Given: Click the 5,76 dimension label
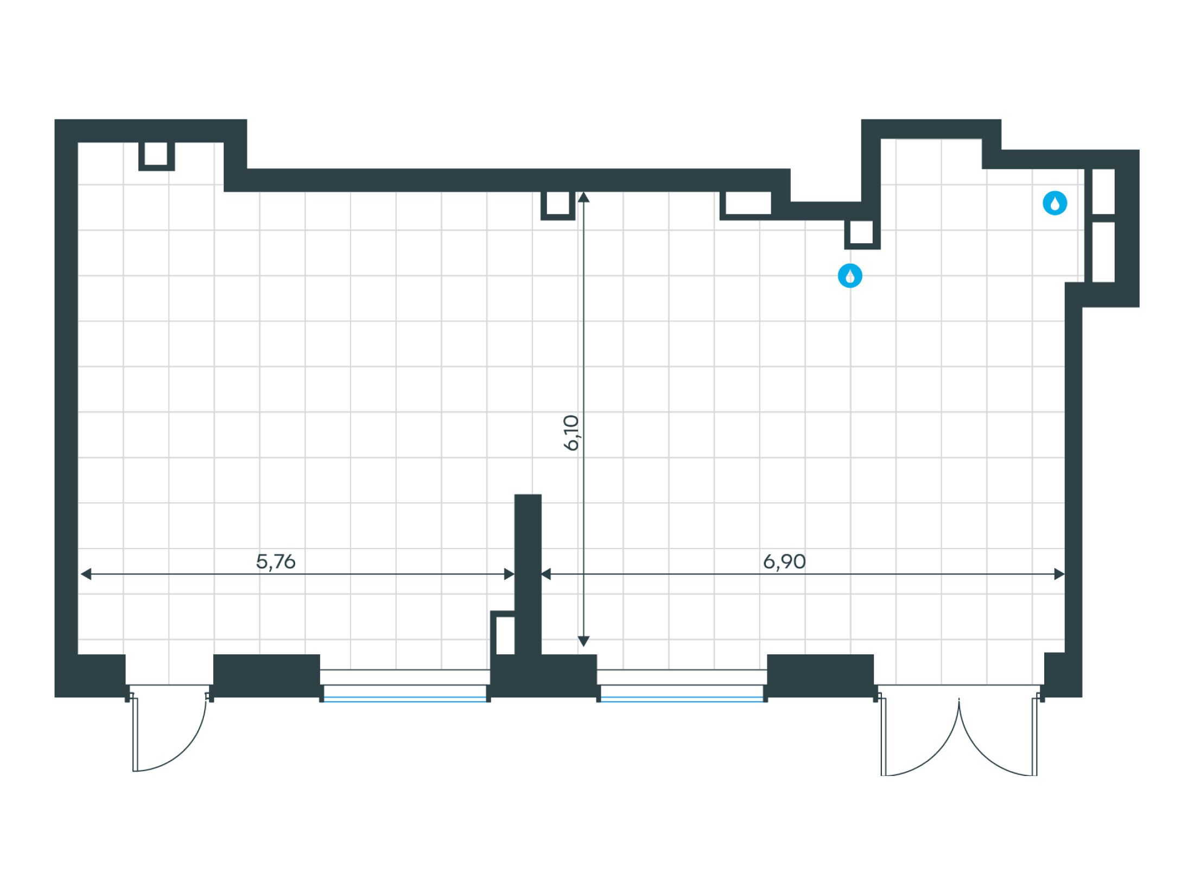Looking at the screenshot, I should coord(276,561).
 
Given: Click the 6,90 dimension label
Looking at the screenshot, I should coord(784,561).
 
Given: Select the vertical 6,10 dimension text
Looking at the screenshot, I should coord(572,433).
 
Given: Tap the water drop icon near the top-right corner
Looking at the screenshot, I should coord(1055,204).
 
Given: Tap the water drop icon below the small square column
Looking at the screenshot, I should coord(850,276).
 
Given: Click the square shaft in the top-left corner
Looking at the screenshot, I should coord(156,155).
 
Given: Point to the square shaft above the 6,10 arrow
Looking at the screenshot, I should coord(557,205).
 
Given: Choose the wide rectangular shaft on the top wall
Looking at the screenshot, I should coord(745,204).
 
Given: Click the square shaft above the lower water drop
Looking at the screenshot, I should coord(861,233).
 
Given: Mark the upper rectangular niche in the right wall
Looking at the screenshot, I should coord(1103,191).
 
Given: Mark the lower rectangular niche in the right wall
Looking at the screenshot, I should coord(1103,251).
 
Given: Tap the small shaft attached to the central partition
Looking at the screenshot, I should coord(505,635).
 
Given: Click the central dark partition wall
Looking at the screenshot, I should coord(528,570).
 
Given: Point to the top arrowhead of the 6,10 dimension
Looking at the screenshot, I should coord(583,197).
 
